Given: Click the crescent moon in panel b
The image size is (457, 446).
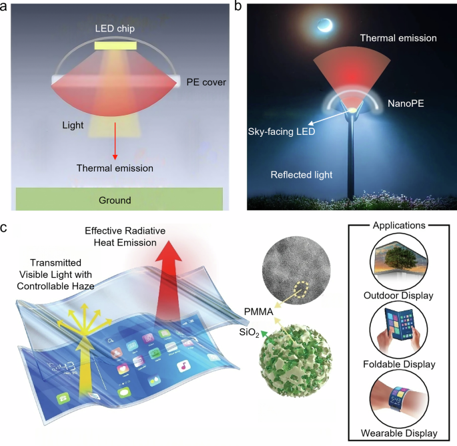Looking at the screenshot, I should coord(326,25).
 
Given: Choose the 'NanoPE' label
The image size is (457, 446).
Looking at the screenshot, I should coord(406,104).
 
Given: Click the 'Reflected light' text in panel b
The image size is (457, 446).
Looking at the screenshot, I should coord(302,175).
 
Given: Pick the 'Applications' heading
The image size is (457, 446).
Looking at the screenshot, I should coord(399,226).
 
